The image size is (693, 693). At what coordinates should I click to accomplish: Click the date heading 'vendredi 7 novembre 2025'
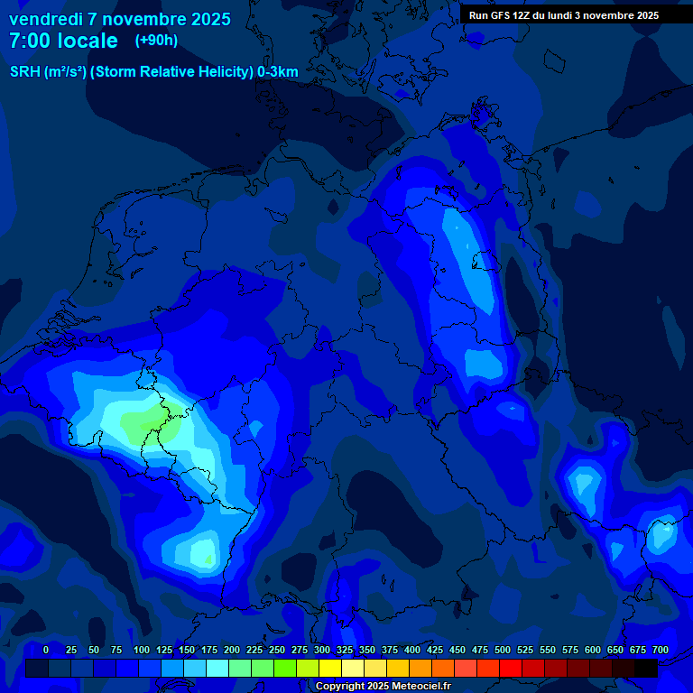click(119, 19)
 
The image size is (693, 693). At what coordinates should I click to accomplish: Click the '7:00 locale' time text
click(63, 41)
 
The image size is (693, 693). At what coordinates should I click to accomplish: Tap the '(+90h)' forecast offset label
click(156, 41)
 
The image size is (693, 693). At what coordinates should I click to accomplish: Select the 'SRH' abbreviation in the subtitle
click(25, 72)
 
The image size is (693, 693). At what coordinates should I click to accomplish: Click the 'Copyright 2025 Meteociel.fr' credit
click(383, 687)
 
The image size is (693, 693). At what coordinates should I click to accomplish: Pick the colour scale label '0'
click(46, 650)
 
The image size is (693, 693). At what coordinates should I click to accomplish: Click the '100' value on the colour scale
click(142, 650)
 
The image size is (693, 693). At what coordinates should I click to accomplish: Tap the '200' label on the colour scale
click(232, 650)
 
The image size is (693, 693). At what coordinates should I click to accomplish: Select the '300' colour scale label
click(322, 650)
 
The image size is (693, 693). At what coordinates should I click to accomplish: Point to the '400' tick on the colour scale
click(412, 650)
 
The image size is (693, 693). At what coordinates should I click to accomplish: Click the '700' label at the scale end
click(661, 650)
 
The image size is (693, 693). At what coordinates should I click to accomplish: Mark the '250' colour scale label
click(277, 650)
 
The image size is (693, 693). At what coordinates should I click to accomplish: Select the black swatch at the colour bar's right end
click(646, 669)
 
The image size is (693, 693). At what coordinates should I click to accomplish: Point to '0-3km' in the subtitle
click(278, 72)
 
